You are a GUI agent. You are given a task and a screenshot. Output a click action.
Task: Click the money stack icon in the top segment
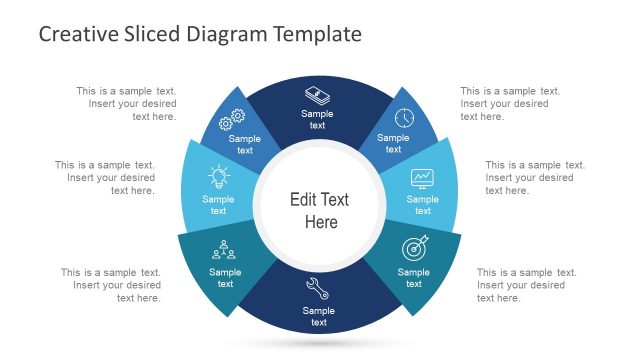(x=317, y=95)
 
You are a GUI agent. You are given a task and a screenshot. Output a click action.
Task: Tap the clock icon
(x=403, y=118)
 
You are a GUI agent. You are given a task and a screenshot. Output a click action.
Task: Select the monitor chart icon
(x=423, y=178)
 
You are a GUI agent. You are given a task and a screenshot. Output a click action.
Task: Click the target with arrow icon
(x=413, y=248)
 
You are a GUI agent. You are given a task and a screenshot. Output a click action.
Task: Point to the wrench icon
(x=317, y=290)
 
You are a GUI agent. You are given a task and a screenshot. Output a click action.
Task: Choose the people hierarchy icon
(x=225, y=250)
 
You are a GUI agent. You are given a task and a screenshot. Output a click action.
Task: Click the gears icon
(x=232, y=119)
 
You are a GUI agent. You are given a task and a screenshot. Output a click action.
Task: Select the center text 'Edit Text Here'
(x=320, y=210)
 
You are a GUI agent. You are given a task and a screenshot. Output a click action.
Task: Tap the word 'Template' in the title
(x=314, y=34)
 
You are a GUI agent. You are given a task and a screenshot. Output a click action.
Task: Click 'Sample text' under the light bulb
(x=218, y=205)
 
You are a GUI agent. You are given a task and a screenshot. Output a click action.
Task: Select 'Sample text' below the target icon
(x=413, y=277)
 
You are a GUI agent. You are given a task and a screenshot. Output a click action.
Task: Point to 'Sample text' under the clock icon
(x=393, y=143)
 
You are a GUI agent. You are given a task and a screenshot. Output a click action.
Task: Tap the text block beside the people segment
(x=110, y=284)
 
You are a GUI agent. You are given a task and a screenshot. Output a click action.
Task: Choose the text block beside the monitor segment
(x=535, y=177)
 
